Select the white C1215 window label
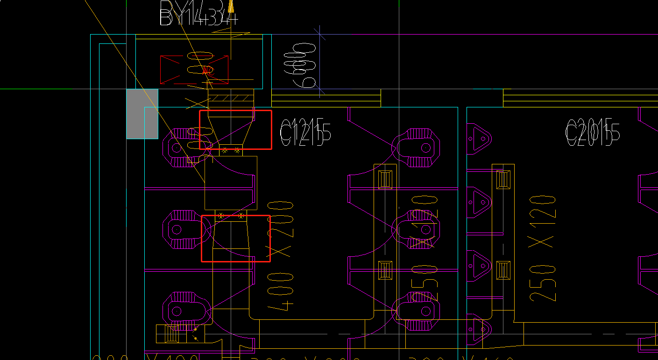click(305, 132)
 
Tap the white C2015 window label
click(592, 132)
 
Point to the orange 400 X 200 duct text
click(280, 254)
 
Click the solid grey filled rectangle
click(142, 114)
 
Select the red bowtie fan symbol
click(194, 69)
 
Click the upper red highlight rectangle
click(235, 130)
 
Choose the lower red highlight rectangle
click(236, 238)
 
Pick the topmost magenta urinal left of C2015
click(479, 138)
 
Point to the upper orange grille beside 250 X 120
click(502, 179)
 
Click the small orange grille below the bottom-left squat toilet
click(167, 333)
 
